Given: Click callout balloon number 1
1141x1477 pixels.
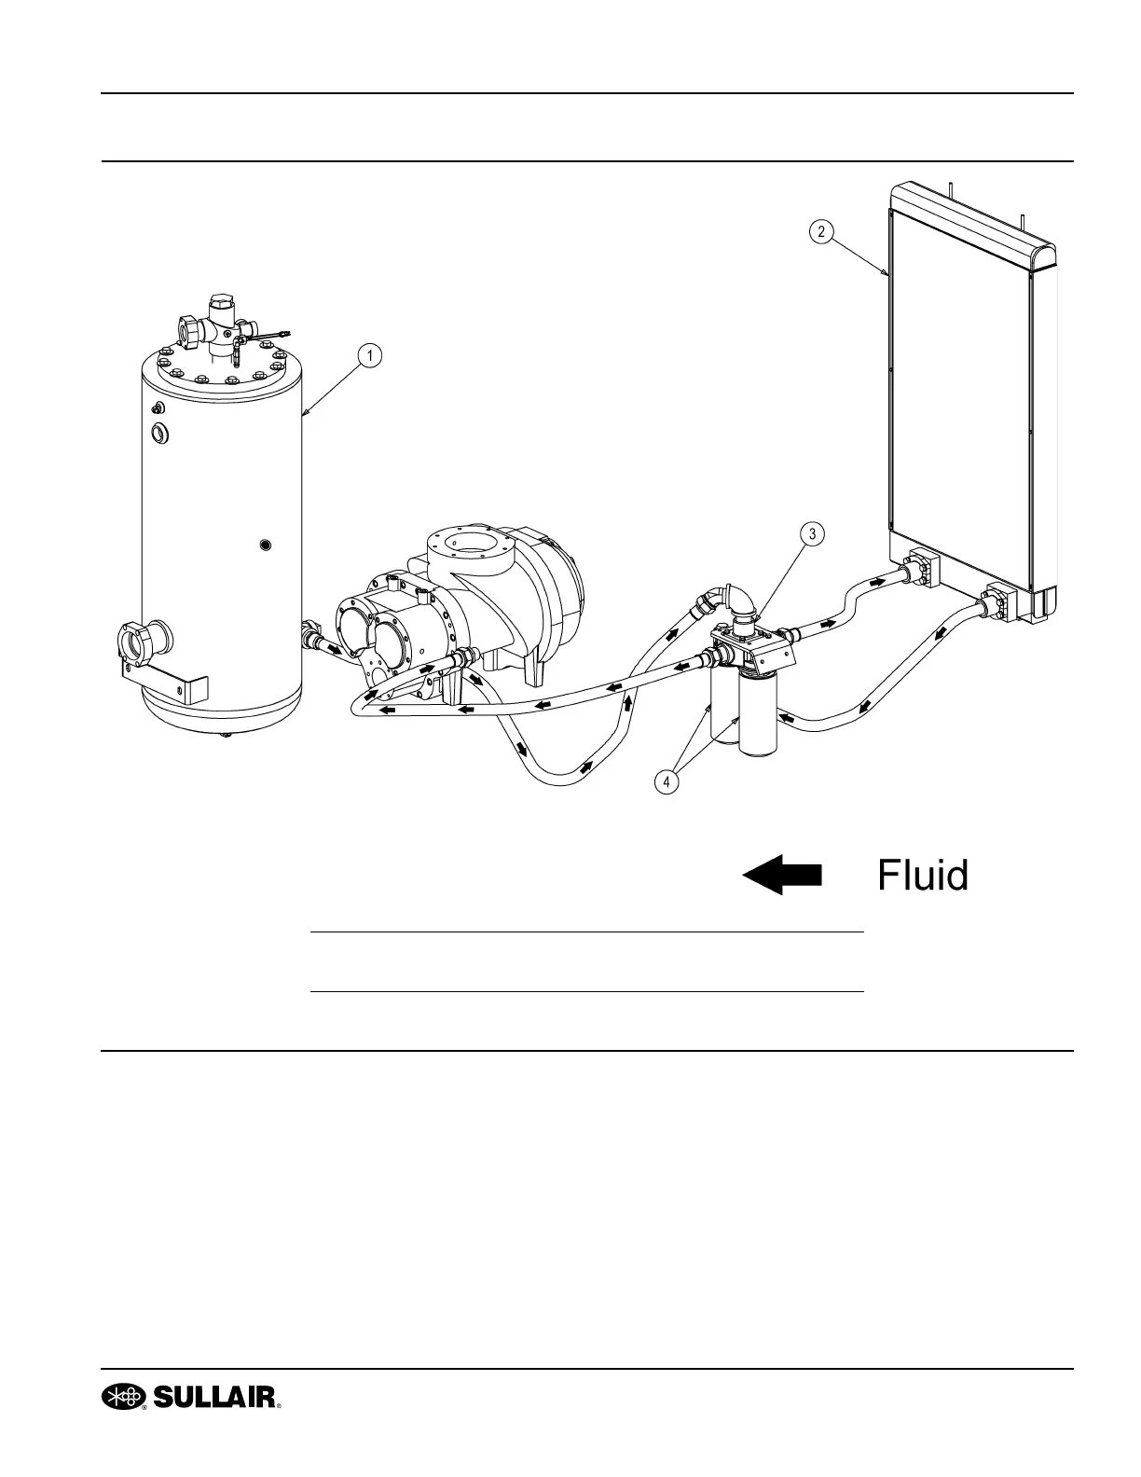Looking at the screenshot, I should coord(370,355).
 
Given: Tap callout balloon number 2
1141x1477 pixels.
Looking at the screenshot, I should coord(820,231).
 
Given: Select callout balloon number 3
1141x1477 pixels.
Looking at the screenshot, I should coord(812,534).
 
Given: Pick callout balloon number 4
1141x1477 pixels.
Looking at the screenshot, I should coord(666,782).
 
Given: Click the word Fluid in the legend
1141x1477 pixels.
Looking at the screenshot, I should coord(922,876).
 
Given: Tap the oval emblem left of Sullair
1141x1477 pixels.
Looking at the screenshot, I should coord(125,1396).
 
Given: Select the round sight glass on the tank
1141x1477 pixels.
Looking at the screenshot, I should coord(159,433).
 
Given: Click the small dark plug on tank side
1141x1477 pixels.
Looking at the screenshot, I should coord(267,544).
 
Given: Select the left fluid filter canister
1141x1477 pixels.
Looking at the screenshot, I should coord(723,709).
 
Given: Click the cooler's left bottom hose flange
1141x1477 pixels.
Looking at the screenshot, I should coord(917,571).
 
